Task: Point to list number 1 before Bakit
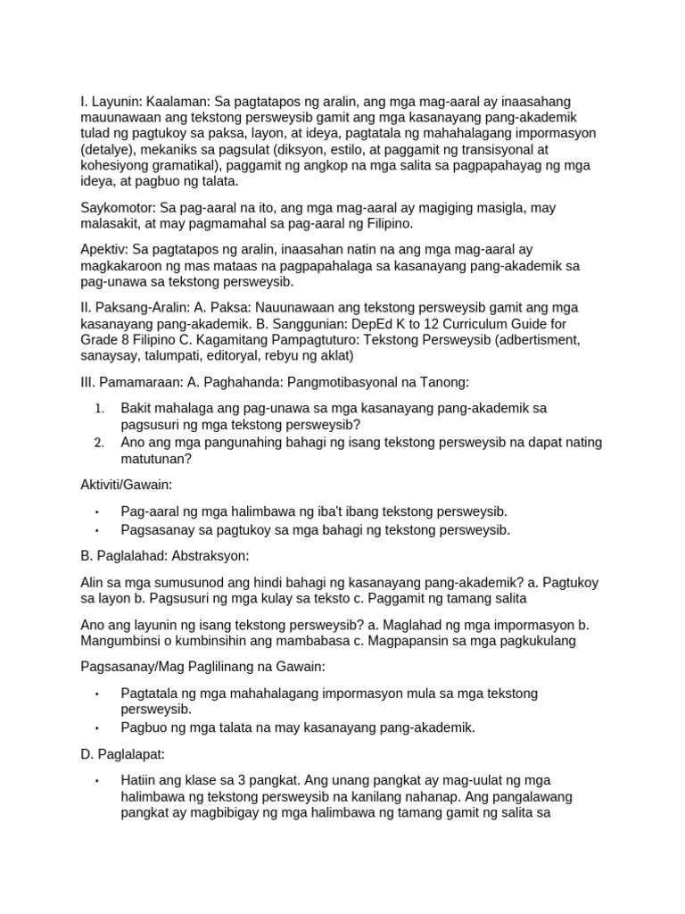[x=100, y=408]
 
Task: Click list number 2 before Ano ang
[x=100, y=443]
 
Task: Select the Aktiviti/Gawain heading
[x=126, y=485]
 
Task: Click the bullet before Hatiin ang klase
[x=97, y=780]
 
